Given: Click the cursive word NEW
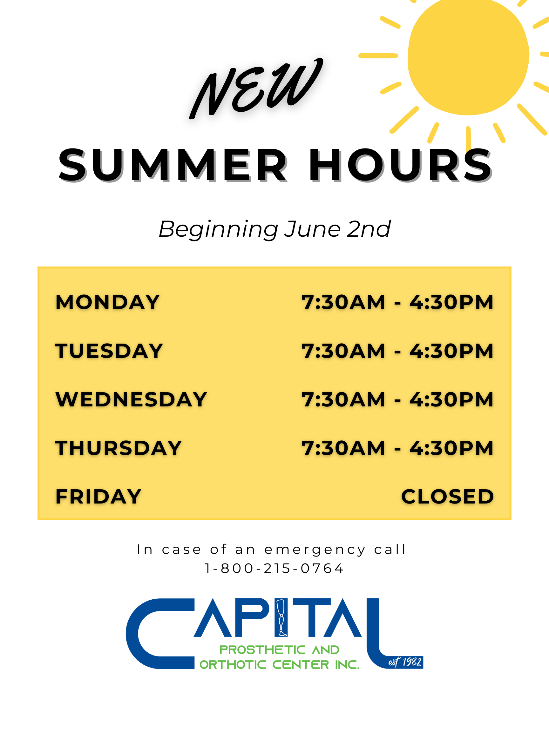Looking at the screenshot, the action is [256, 89].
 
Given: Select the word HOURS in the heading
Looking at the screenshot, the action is [400, 165].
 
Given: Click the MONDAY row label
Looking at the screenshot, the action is [108, 302].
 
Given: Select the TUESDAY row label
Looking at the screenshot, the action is [109, 351].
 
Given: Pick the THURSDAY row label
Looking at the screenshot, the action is [119, 448].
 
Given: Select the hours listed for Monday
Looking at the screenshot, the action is [397, 302].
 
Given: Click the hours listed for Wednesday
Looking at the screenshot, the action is [397, 399].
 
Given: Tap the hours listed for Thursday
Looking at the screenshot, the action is [397, 448].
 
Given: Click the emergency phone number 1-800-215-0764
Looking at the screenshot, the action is [274, 569].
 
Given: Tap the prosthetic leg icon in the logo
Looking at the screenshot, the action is [281, 618].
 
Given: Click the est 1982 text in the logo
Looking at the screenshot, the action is [405, 662].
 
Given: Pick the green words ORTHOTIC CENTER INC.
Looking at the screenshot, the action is [279, 665].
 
